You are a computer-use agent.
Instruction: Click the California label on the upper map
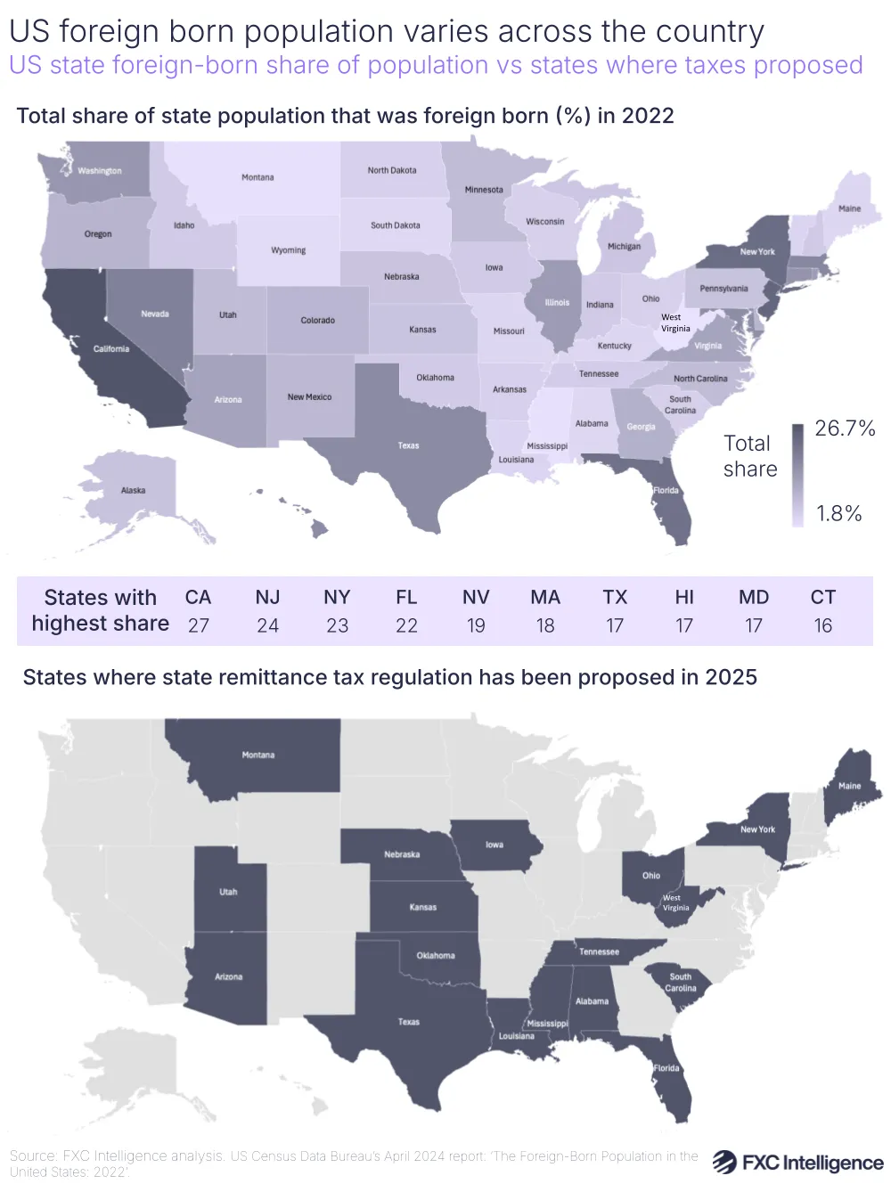click(x=111, y=349)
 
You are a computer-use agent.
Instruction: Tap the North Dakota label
click(x=392, y=170)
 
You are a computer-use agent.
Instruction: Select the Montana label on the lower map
click(x=258, y=755)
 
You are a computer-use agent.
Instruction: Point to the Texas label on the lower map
click(x=409, y=1022)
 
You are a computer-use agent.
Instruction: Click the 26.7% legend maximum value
click(x=845, y=429)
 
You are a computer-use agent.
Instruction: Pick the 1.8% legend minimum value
click(x=839, y=514)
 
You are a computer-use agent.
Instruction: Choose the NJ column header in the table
click(x=267, y=597)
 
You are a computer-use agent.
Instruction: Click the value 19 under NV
click(x=476, y=625)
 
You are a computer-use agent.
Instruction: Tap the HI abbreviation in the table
click(x=684, y=597)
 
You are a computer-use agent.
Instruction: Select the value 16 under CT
click(x=823, y=625)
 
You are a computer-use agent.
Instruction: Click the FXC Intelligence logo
click(x=798, y=1163)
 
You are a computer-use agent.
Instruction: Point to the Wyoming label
click(x=289, y=250)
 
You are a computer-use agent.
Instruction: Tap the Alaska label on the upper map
click(x=134, y=491)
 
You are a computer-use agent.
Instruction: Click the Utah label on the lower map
click(x=229, y=892)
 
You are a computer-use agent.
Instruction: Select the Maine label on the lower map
click(x=849, y=786)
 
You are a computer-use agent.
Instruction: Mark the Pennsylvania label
click(x=723, y=289)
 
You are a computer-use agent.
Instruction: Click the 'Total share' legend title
click(x=750, y=456)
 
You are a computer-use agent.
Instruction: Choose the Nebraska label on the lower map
click(x=402, y=854)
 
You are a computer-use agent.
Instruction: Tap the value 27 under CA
click(x=198, y=625)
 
